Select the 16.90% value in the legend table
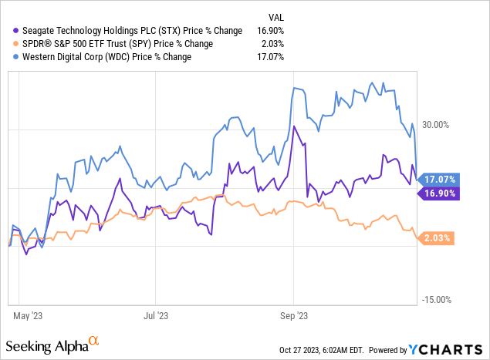pyautogui.click(x=269, y=31)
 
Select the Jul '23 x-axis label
pyautogui.click(x=156, y=315)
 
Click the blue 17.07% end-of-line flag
pyautogui.click(x=441, y=179)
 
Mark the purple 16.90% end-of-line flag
pyautogui.click(x=441, y=193)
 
